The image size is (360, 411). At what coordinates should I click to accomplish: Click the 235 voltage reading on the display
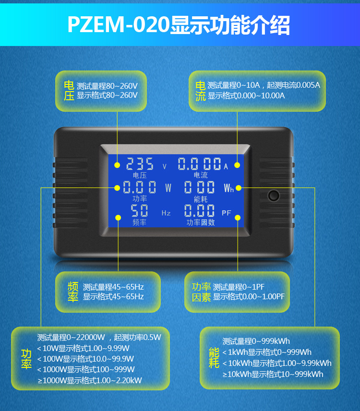tap(140, 164)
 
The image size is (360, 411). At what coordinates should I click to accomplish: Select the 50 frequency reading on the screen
tap(139, 211)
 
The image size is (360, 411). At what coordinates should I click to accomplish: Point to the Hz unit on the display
tap(166, 212)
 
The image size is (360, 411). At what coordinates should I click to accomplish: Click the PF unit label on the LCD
tap(227, 212)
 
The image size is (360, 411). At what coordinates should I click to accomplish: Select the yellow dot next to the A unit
tap(237, 165)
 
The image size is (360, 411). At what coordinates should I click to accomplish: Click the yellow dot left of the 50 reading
tap(118, 217)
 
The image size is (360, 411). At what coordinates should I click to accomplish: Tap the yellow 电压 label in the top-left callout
tap(69, 91)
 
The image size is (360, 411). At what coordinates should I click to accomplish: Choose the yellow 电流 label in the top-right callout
tap(200, 91)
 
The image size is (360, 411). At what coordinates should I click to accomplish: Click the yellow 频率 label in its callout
tap(72, 292)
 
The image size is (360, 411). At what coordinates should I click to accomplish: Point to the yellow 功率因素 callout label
tap(201, 292)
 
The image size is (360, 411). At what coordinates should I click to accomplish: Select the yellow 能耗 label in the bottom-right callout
tap(214, 358)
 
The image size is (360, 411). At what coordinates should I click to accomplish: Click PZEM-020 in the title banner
tap(118, 25)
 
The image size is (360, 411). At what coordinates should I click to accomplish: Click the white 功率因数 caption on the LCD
tap(201, 223)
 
